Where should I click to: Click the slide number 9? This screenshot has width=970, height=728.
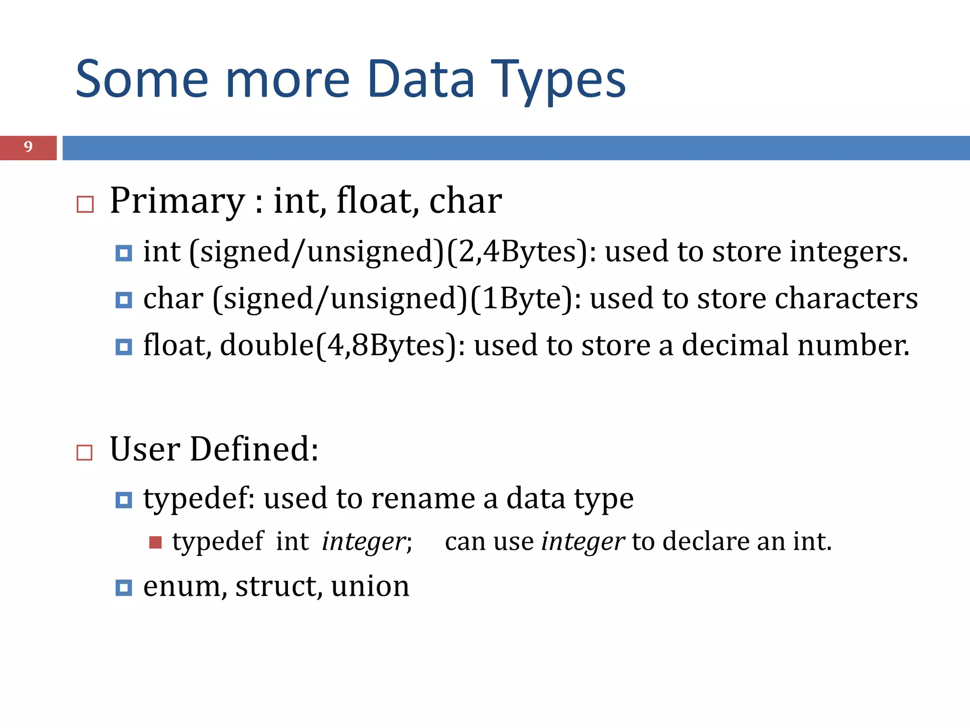28,147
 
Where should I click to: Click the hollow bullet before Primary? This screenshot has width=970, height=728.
85,205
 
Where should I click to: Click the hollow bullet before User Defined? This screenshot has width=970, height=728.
85,453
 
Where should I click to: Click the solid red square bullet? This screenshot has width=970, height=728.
155,542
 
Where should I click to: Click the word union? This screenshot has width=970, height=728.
370,586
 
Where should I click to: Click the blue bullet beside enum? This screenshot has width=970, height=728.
124,588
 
